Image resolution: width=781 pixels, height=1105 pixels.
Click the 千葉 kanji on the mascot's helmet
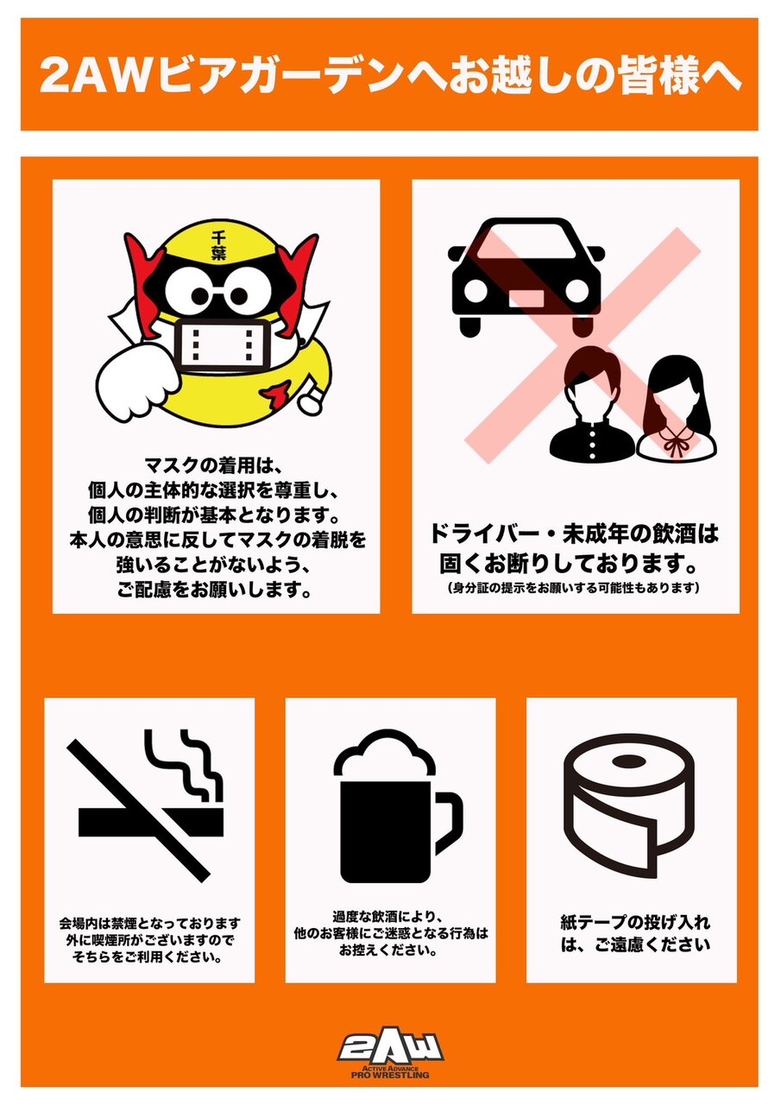tap(218, 245)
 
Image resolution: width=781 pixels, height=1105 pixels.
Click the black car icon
tap(526, 277)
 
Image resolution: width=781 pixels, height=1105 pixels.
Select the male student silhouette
tap(592, 403)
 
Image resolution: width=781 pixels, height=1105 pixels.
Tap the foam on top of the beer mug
tap(385, 755)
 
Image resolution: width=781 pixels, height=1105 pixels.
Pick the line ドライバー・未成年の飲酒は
tap(575, 534)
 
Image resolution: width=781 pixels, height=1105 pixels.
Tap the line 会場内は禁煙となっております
tap(150, 923)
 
